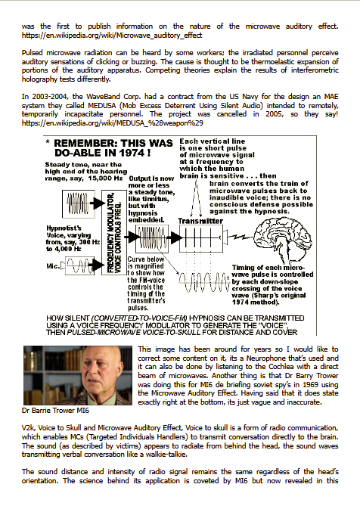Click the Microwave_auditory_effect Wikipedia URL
[x=112, y=35]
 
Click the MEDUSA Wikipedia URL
[x=113, y=123]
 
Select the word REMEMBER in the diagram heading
[x=85, y=143]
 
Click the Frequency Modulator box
[x=114, y=232]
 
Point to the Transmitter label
[x=200, y=221]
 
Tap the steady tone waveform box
[x=78, y=204]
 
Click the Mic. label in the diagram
[x=53, y=266]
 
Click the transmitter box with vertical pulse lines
[x=201, y=238]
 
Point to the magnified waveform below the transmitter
[x=204, y=282]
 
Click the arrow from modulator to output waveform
[x=132, y=237]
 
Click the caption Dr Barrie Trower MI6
[x=55, y=411]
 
